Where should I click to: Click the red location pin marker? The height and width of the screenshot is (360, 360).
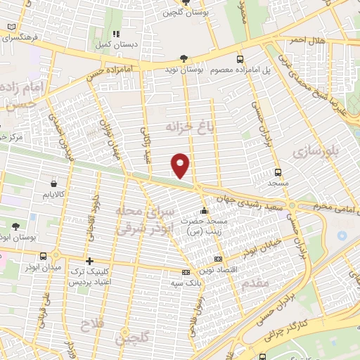(x=180, y=166)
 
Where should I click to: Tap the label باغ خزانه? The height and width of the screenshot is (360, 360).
(x=188, y=126)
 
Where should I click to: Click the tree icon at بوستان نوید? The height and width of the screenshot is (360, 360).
(x=184, y=59)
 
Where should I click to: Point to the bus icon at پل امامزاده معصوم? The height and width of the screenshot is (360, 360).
(x=240, y=59)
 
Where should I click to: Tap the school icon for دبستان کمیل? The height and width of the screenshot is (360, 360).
(x=117, y=33)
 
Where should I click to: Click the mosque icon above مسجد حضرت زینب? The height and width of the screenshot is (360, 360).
(x=204, y=210)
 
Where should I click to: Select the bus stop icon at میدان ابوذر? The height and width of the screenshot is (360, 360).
(x=44, y=256)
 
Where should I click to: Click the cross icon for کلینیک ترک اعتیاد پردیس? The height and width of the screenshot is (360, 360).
(x=89, y=261)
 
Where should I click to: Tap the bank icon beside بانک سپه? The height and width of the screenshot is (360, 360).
(x=186, y=272)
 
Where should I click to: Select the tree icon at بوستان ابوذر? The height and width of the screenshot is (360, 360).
(x=15, y=226)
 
